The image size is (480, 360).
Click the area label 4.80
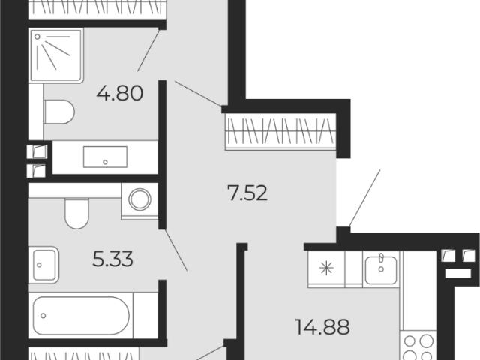[x=120, y=93]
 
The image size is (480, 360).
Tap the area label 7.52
[x=247, y=193]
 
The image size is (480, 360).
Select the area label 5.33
[x=112, y=259]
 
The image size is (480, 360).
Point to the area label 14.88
[x=322, y=327]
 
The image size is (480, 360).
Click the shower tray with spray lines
[x=56, y=55]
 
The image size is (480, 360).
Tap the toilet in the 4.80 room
[x=59, y=112]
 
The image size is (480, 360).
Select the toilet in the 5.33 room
[x=76, y=213]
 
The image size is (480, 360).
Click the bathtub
[x=81, y=316]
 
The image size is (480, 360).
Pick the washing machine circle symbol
[x=140, y=200]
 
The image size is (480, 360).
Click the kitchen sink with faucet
[x=381, y=269]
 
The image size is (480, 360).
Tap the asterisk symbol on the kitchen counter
[x=326, y=268]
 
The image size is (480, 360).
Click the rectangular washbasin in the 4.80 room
[x=105, y=157]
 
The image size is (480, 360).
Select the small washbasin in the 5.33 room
[x=43, y=265]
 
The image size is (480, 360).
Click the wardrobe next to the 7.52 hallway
[x=280, y=132]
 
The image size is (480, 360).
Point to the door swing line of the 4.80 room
[x=148, y=50]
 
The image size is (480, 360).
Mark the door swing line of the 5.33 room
[x=176, y=250]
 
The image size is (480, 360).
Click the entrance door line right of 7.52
[x=364, y=198]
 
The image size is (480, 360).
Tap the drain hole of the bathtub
[x=43, y=316]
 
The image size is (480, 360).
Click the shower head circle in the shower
[x=37, y=37]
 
